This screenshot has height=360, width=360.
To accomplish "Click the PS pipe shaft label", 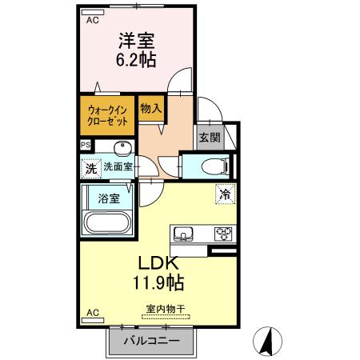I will [x=86, y=145].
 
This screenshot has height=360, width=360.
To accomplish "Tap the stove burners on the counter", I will [x=222, y=234].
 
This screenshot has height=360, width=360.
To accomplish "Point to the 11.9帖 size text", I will [x=158, y=283].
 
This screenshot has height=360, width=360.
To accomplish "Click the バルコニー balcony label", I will [x=152, y=342].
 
